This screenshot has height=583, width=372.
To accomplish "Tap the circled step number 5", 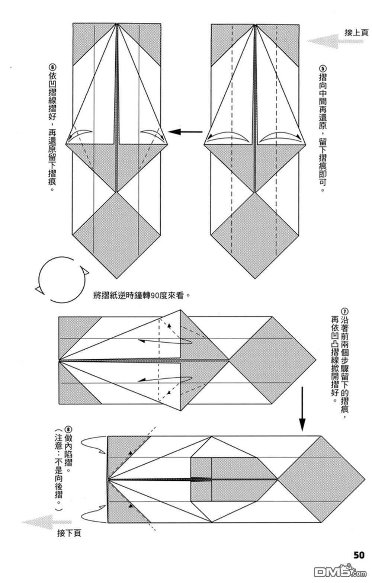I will click(323, 69).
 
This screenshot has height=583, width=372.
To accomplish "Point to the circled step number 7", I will click(345, 311).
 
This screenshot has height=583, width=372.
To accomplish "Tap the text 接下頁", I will click(69, 533).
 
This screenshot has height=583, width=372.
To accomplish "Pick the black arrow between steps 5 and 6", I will click(185, 131).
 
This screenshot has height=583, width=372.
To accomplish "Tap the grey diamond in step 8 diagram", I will click(321, 479).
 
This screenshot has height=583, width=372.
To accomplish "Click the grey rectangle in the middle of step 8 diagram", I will click(201, 479).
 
